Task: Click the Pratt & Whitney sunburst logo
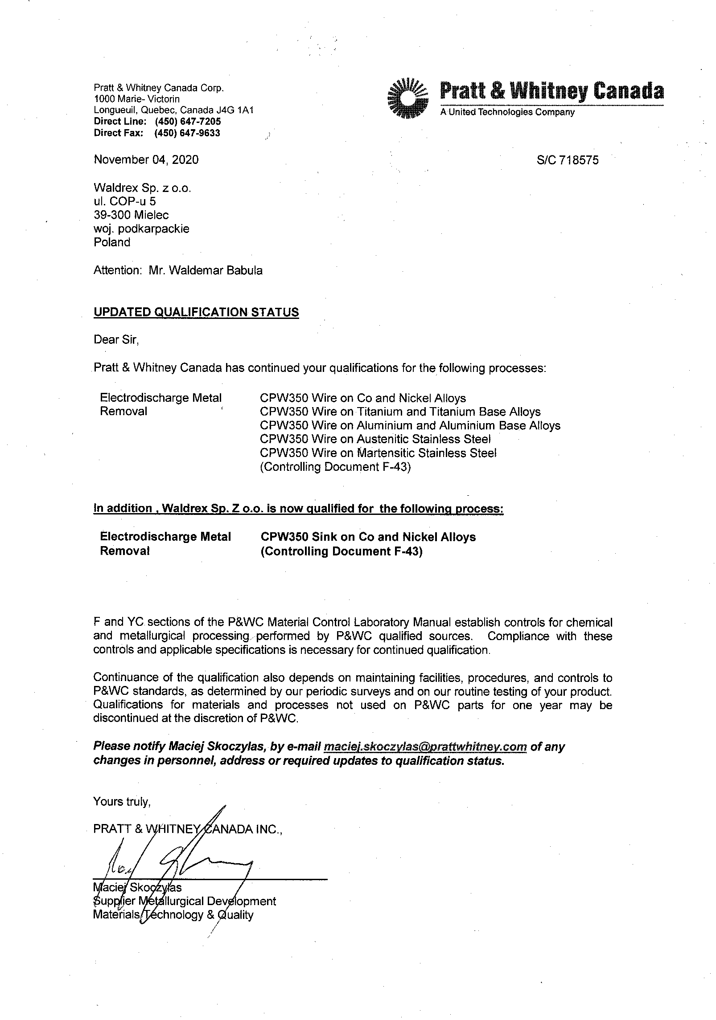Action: coord(408,98)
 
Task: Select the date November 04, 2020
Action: coord(146,160)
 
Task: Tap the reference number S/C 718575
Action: coord(568,160)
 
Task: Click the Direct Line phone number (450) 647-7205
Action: coord(188,122)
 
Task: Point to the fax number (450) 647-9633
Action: coord(187,133)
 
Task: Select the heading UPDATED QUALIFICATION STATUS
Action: coord(196,312)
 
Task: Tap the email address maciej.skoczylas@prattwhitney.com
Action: coord(426,747)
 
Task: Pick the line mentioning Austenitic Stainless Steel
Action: coord(375,439)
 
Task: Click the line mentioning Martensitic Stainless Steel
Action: coord(378,453)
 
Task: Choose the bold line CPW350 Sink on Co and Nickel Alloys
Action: coord(368,537)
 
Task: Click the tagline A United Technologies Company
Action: coord(507,112)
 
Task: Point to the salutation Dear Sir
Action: coord(116,340)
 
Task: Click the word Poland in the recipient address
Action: coord(112,242)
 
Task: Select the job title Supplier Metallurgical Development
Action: coord(185,901)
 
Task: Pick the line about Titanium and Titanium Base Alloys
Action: coord(400,412)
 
